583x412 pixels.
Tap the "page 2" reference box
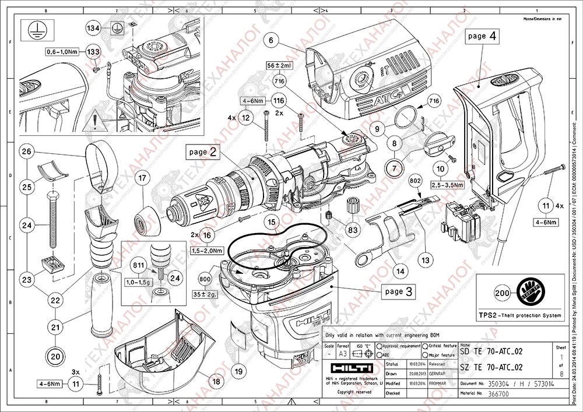tap(203, 152)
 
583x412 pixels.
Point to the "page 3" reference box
tap(399, 291)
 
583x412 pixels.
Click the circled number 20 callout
tap(55, 355)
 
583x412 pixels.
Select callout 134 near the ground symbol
tap(93, 27)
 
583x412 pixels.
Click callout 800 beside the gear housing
tap(205, 279)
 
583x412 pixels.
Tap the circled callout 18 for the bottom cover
tap(216, 382)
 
